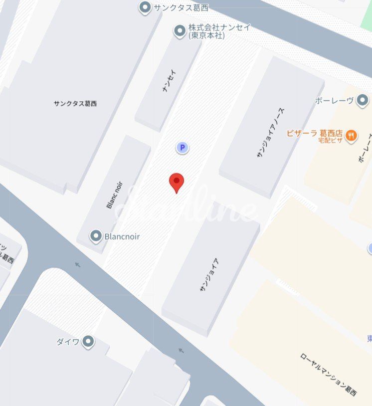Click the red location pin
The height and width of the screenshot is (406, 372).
pyautogui.click(x=177, y=182)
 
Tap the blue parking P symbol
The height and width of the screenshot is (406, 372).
pyautogui.click(x=183, y=148)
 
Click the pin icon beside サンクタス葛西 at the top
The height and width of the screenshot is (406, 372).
pyautogui.click(x=145, y=7)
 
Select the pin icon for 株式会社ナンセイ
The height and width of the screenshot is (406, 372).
pyautogui.click(x=180, y=31)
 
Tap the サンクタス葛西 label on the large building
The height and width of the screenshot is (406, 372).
pyautogui.click(x=75, y=104)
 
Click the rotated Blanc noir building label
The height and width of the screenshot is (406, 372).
pyautogui.click(x=114, y=195)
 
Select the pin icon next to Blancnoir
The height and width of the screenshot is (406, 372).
pyautogui.click(x=96, y=236)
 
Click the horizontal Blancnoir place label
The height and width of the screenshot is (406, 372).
pyautogui.click(x=122, y=236)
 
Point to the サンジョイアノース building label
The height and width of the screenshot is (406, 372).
pyautogui.click(x=270, y=133)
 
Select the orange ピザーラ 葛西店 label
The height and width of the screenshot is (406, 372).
pyautogui.click(x=314, y=133)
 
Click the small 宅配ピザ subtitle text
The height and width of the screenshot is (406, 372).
pyautogui.click(x=330, y=140)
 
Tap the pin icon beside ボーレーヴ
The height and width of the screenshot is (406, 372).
pyautogui.click(x=363, y=101)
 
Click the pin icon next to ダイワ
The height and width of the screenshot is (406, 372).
pyautogui.click(x=88, y=342)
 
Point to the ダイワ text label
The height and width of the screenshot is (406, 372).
pyautogui.click(x=68, y=342)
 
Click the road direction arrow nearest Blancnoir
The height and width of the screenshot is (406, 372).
pyautogui.click(x=77, y=265)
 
